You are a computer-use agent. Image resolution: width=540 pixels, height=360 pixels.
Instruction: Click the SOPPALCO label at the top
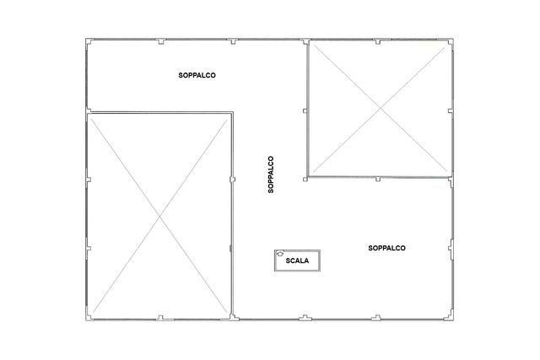(x=197, y=75)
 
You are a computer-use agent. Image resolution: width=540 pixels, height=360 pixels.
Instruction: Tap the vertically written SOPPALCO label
(x=271, y=175)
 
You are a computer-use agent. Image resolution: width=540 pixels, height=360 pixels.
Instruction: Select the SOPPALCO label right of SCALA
(x=386, y=248)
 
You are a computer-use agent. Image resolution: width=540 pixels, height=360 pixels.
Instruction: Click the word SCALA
(x=297, y=261)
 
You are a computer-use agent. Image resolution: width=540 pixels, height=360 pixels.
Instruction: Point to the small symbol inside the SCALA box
(x=278, y=254)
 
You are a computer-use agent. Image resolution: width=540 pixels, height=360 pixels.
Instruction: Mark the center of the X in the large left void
(x=159, y=217)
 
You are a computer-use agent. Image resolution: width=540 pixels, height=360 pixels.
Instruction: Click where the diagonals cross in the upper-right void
(x=381, y=109)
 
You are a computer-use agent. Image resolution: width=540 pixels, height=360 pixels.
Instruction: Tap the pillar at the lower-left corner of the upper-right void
(x=305, y=179)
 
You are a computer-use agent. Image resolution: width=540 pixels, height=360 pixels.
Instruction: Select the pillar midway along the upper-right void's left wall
(x=305, y=110)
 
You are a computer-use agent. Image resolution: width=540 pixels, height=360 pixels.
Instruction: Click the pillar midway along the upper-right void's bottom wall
(x=378, y=179)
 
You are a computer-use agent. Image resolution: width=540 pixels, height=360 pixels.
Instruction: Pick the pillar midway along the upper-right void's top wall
(x=378, y=42)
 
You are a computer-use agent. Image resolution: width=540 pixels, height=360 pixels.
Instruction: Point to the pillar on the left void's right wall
(x=233, y=180)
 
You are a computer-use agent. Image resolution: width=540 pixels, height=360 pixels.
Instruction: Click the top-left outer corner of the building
(x=86, y=39)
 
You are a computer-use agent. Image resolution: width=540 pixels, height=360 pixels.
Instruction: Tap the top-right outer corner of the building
(x=453, y=39)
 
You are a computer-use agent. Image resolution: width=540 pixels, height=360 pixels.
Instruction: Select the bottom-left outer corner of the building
(x=86, y=320)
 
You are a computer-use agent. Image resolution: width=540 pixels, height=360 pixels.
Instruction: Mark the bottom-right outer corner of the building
(x=453, y=320)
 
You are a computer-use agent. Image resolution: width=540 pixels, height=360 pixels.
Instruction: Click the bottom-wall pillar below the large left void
(x=160, y=318)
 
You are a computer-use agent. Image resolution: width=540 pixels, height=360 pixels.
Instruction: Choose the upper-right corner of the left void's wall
(x=233, y=112)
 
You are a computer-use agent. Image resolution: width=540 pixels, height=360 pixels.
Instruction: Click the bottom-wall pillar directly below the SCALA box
(x=305, y=317)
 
